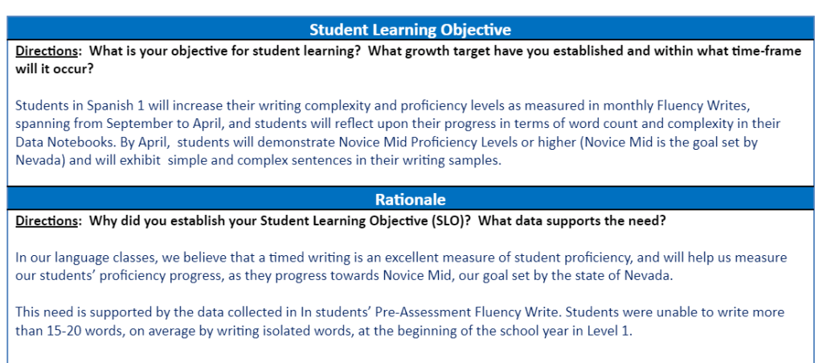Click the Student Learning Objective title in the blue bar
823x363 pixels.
[x=410, y=30]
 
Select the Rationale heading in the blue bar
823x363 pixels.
[x=410, y=200]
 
